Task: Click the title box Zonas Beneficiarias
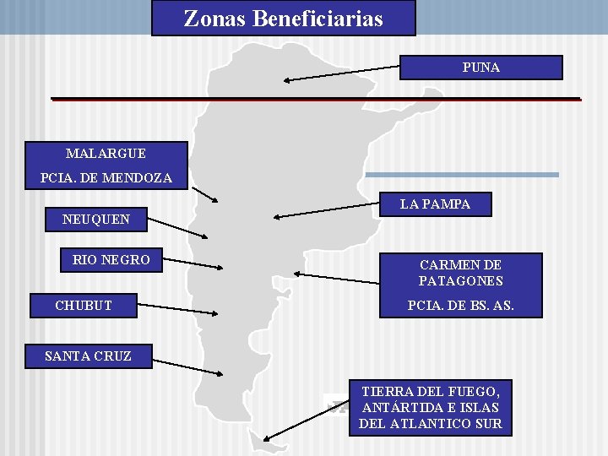[283, 18]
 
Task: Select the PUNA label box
[480, 68]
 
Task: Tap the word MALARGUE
[106, 153]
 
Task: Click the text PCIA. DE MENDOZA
[106, 178]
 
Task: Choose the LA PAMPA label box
[435, 204]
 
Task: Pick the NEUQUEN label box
[96, 220]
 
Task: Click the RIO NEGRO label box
[111, 260]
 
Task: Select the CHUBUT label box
[84, 305]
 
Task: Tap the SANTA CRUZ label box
[88, 356]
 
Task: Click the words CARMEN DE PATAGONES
[460, 273]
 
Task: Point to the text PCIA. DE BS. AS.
[460, 305]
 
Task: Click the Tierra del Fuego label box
[431, 407]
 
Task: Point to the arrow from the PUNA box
[341, 73]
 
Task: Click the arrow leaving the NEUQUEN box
[177, 228]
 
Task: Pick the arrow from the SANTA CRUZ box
[186, 366]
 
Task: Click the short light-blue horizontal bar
[461, 175]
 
